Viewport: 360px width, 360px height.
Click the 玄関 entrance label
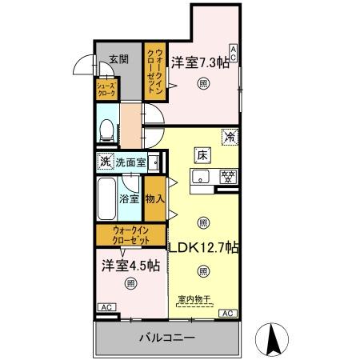point(118,58)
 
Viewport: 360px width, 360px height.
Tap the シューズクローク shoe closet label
point(106,90)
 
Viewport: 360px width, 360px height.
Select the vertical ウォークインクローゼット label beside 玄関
point(155,72)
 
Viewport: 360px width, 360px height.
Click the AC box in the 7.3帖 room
point(233,53)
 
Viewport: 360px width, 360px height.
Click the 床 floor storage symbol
point(203,154)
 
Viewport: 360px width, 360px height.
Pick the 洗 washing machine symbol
point(104,162)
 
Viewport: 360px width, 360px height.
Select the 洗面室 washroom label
point(130,162)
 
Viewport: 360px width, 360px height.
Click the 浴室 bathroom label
point(128,197)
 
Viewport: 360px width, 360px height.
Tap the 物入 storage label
point(154,199)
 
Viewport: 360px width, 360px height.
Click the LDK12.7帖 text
point(203,248)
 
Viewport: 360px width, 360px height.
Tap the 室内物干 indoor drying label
point(193,300)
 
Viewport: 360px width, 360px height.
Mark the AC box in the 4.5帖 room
point(105,307)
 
